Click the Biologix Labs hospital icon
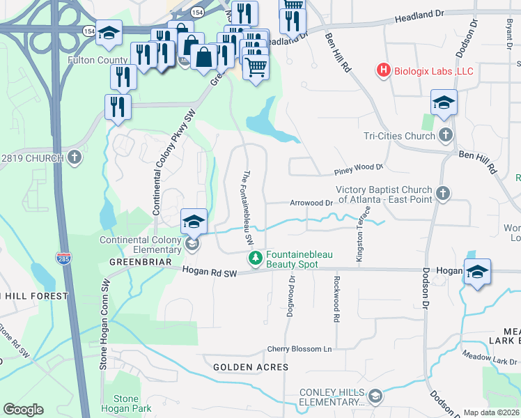pos(382,70)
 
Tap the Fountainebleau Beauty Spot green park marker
pos(256,258)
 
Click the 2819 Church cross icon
pos(75,157)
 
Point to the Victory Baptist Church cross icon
pos(442,193)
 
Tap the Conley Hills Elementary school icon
pos(376,397)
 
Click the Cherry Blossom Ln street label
pos(300,349)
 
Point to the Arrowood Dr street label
pos(311,203)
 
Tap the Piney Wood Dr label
pos(359,167)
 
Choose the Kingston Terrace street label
pos(360,238)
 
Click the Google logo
pos(23,410)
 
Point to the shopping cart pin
pos(256,68)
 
